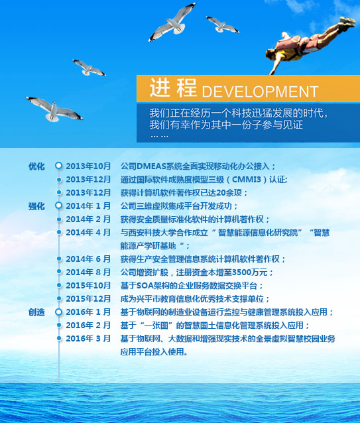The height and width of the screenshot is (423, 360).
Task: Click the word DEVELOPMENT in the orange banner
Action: click(x=261, y=91)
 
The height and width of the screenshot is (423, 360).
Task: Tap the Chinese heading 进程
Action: click(x=173, y=88)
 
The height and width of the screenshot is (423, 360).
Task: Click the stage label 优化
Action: click(x=36, y=166)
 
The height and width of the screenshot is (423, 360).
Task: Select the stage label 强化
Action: click(x=36, y=206)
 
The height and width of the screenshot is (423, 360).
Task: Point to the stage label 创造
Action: click(x=36, y=312)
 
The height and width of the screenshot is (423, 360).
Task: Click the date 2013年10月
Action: click(x=88, y=166)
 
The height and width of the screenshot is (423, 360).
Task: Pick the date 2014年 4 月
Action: click(x=88, y=232)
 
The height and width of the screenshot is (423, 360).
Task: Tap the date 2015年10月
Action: click(x=88, y=285)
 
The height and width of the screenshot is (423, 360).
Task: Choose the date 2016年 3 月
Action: click(x=88, y=338)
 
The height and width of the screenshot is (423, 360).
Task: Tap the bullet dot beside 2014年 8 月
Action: click(x=59, y=272)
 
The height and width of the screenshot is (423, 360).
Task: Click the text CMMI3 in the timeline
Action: click(x=247, y=180)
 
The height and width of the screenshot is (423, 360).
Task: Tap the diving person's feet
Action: click(x=347, y=22)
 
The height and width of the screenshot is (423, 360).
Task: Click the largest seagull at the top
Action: click(x=172, y=22)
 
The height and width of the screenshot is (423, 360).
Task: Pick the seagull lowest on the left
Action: click(x=54, y=109)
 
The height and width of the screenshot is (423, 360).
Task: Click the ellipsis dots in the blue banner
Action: click(x=159, y=137)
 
